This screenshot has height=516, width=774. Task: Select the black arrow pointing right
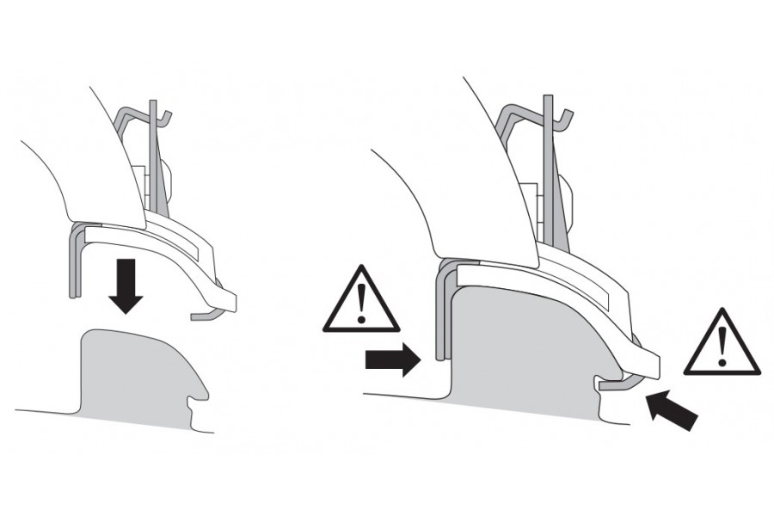(x=392, y=361)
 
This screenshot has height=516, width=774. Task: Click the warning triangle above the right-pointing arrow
(x=362, y=303)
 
